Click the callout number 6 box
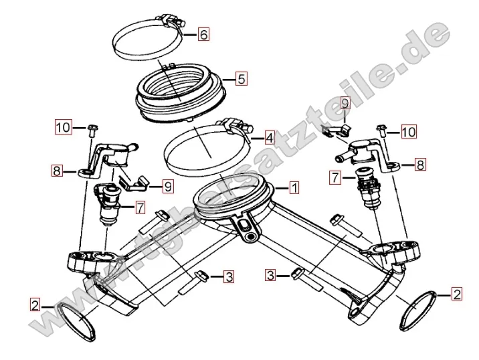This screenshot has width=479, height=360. (203, 34)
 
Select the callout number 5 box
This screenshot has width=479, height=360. (242, 79)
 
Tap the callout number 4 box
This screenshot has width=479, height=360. (269, 138)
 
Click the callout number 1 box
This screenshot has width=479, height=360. (294, 187)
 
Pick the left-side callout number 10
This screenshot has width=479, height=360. (64, 126)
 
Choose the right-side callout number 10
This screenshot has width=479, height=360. (409, 132)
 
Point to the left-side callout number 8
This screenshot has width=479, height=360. (57, 171)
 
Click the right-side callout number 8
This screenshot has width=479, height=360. (420, 165)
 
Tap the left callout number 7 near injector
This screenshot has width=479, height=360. (140, 208)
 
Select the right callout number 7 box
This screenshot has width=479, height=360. (335, 177)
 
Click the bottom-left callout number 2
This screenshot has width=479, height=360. (35, 304)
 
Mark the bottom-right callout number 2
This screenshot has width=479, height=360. (457, 294)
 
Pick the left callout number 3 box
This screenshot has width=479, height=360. (229, 277)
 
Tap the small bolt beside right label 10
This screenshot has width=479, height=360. (381, 130)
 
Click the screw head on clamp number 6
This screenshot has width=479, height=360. (181, 23)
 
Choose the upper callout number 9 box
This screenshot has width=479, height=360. (345, 103)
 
